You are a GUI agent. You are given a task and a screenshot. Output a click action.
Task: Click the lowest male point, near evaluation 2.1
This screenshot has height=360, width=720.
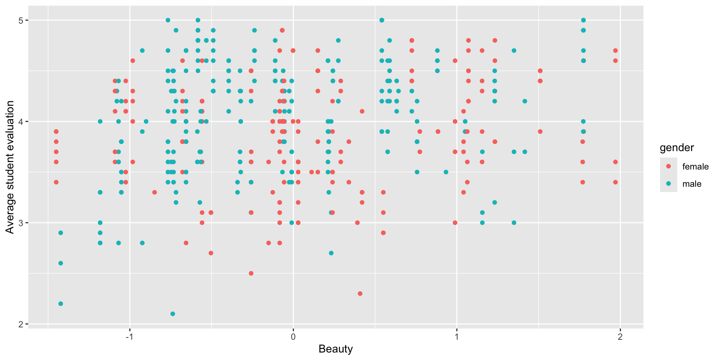[x=172, y=314]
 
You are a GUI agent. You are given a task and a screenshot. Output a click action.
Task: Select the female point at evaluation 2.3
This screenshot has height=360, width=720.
[x=360, y=294]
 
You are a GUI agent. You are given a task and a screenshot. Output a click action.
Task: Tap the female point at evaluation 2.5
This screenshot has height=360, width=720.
[x=251, y=273]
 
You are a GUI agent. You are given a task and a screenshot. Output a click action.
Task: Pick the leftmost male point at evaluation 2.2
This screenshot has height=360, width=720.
[x=61, y=304]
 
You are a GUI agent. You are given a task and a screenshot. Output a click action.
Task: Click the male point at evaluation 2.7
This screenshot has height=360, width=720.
[x=331, y=253]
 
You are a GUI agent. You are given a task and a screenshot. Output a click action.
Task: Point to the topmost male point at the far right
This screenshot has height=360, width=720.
[x=583, y=20]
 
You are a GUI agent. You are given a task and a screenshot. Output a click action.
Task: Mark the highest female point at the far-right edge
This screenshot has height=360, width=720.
[x=615, y=51]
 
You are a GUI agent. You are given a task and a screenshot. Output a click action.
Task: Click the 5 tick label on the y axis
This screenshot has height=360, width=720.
[x=21, y=20]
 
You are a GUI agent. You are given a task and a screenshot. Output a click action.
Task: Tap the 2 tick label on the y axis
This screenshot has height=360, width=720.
[x=21, y=324]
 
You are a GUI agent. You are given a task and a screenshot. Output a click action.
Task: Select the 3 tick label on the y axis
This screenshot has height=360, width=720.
[x=21, y=223]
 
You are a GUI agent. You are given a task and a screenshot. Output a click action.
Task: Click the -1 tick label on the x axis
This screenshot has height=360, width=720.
[x=129, y=337]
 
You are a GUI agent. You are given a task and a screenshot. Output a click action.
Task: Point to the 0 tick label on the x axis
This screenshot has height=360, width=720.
[x=293, y=337]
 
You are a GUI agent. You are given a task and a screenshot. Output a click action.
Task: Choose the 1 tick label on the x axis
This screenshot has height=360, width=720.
[x=457, y=337]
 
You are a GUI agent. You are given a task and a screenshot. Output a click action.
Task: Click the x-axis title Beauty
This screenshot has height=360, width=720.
[x=336, y=349]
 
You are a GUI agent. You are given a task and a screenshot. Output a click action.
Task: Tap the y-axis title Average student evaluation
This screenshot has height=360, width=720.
[x=10, y=167]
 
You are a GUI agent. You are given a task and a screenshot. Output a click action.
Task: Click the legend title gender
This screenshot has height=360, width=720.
[x=677, y=148]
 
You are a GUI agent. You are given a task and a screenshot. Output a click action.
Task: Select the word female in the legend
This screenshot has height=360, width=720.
[x=695, y=166]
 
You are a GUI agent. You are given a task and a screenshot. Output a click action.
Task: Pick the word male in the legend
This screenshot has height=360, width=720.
[x=691, y=184]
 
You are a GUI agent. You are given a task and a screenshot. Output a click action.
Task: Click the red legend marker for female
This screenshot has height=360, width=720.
[x=668, y=166]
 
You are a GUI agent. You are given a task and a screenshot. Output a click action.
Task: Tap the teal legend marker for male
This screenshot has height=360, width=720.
[x=668, y=184]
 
